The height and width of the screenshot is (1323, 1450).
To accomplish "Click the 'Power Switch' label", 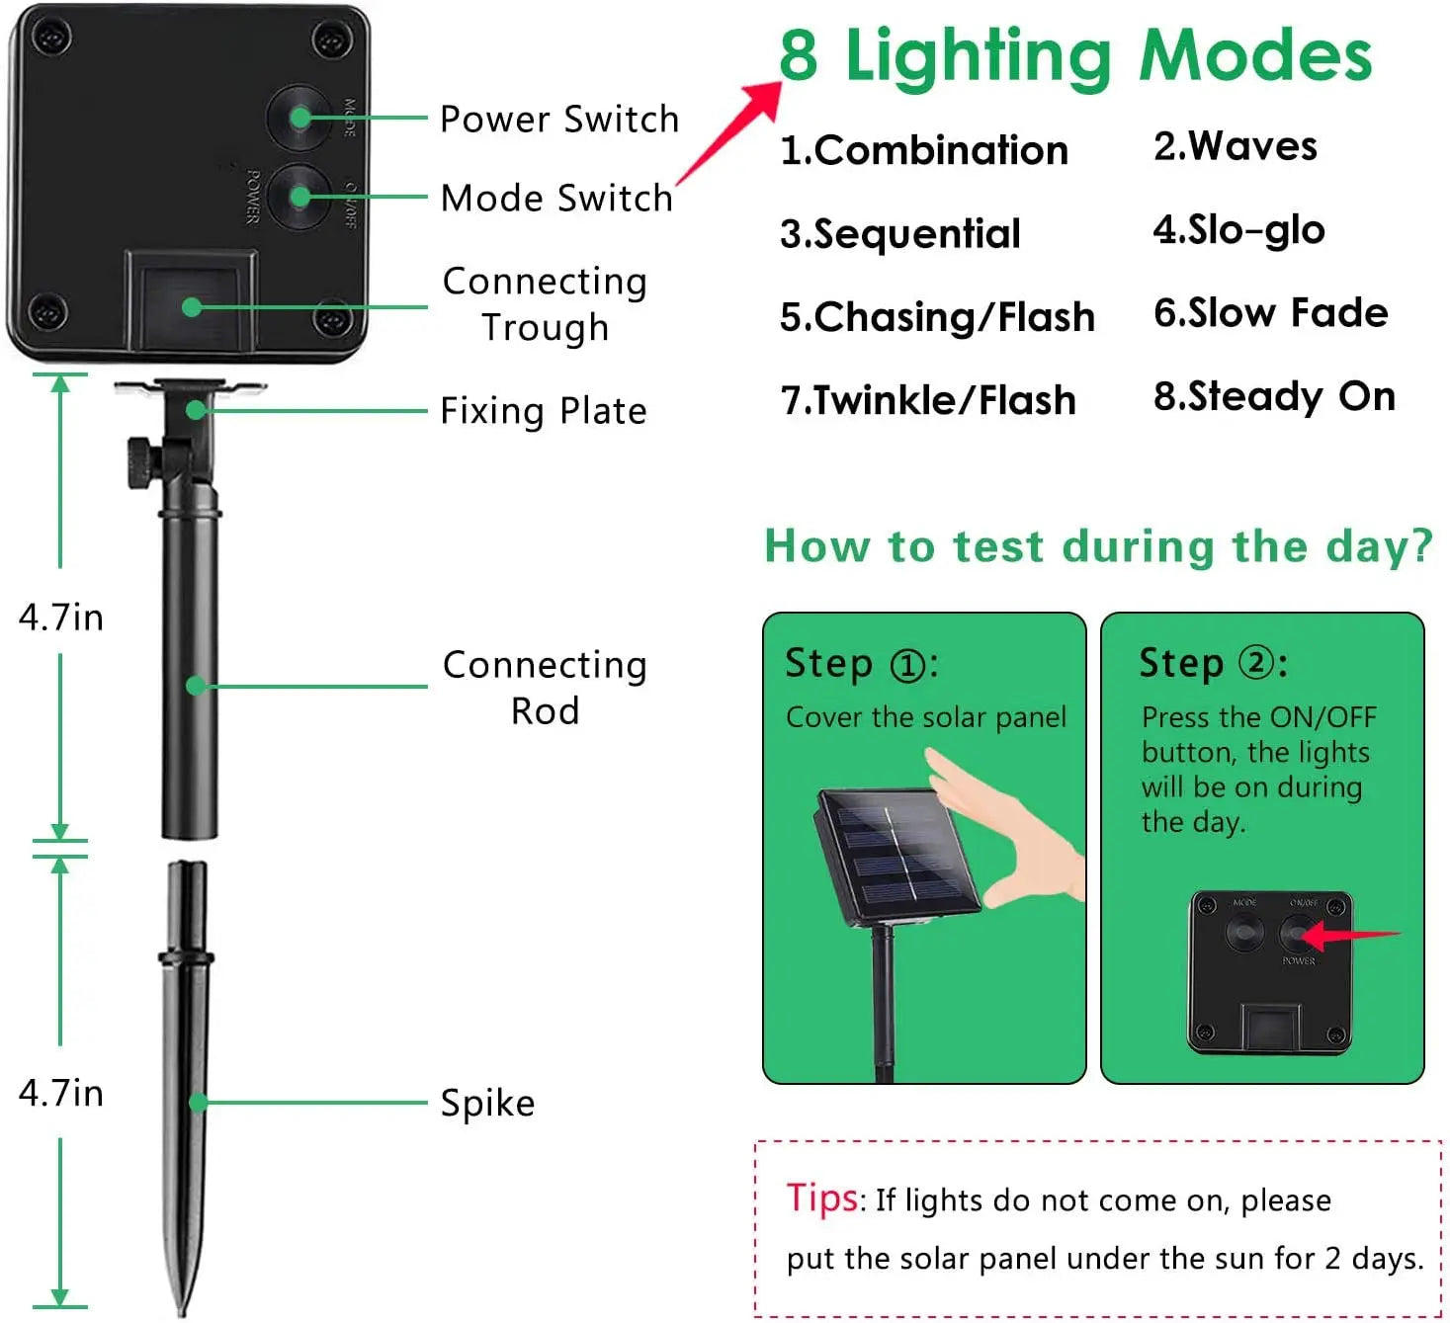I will tap(559, 119).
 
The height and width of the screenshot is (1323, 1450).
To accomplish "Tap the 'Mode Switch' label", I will tap(556, 198).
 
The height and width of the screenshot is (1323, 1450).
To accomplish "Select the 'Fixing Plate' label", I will tap(543, 410).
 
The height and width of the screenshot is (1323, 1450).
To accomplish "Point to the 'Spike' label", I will tap(487, 1103).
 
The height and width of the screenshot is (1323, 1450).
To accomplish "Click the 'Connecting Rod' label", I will tap(545, 688).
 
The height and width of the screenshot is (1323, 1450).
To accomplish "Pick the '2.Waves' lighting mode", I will tap(1235, 146).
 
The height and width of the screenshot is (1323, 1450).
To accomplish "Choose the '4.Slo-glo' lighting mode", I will tap(1238, 229).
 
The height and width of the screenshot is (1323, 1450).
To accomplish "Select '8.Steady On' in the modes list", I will tap(1274, 396).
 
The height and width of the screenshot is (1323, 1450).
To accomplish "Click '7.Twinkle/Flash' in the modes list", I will tap(927, 400).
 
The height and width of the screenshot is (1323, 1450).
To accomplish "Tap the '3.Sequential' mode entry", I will tap(899, 233).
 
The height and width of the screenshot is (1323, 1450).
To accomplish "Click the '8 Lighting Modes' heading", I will tap(1075, 55).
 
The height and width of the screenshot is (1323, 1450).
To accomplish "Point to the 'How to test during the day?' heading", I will tap(1098, 545).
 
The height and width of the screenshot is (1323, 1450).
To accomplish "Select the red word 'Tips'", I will tap(822, 1198).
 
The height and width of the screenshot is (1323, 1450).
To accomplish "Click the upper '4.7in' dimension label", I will tap(60, 617).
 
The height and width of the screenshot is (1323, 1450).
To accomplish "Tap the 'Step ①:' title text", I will tap(861, 663).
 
